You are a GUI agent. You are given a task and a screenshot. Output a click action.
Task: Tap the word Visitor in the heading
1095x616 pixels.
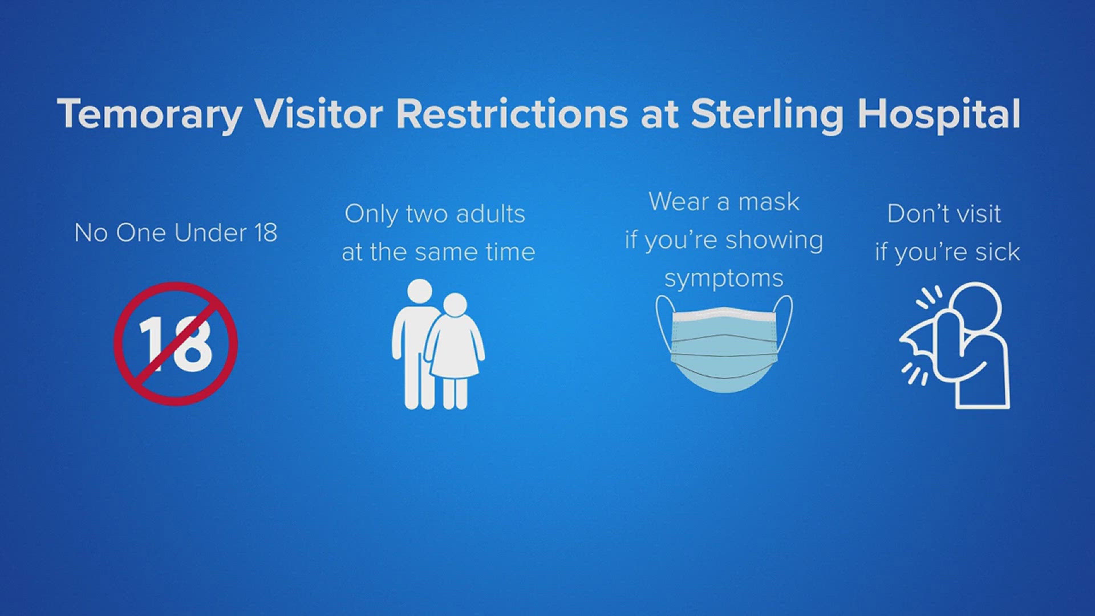tap(319, 114)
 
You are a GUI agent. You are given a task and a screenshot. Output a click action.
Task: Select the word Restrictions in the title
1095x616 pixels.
tap(512, 114)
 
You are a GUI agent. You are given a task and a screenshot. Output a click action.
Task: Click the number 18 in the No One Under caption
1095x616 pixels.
tap(266, 233)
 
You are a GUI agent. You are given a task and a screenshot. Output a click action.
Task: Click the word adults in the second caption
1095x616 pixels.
tap(490, 214)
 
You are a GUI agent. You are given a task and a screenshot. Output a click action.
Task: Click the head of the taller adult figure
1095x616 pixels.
tap(420, 291)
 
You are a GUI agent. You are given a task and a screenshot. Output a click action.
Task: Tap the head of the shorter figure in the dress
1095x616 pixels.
tap(455, 305)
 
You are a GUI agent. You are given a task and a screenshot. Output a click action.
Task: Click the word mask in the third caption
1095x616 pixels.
tap(769, 202)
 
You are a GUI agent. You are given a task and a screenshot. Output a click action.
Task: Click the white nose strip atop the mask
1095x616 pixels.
tap(724, 311)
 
